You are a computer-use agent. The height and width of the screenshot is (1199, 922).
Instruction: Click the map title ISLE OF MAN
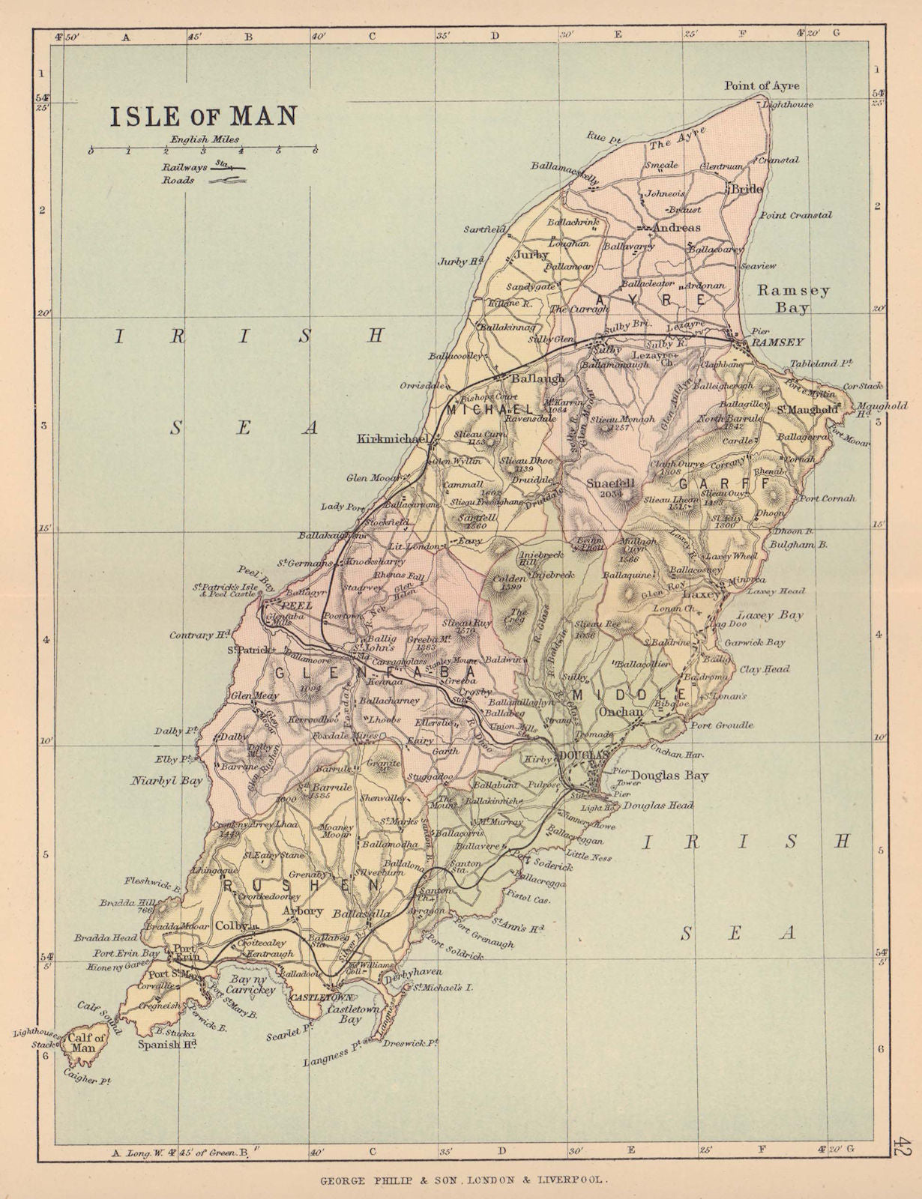[204, 116]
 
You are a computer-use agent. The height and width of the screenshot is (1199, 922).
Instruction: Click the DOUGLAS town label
[580, 756]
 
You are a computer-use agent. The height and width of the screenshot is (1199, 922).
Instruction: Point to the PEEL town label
[291, 603]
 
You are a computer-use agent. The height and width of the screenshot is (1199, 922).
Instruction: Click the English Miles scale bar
[202, 151]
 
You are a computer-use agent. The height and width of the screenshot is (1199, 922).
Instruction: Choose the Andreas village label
[676, 228]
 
